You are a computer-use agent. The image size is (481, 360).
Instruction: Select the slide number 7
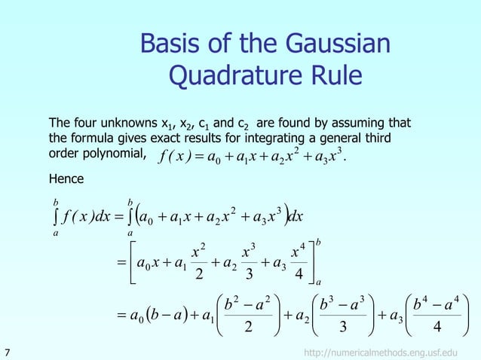(8, 352)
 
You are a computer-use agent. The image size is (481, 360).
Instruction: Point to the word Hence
(66, 179)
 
